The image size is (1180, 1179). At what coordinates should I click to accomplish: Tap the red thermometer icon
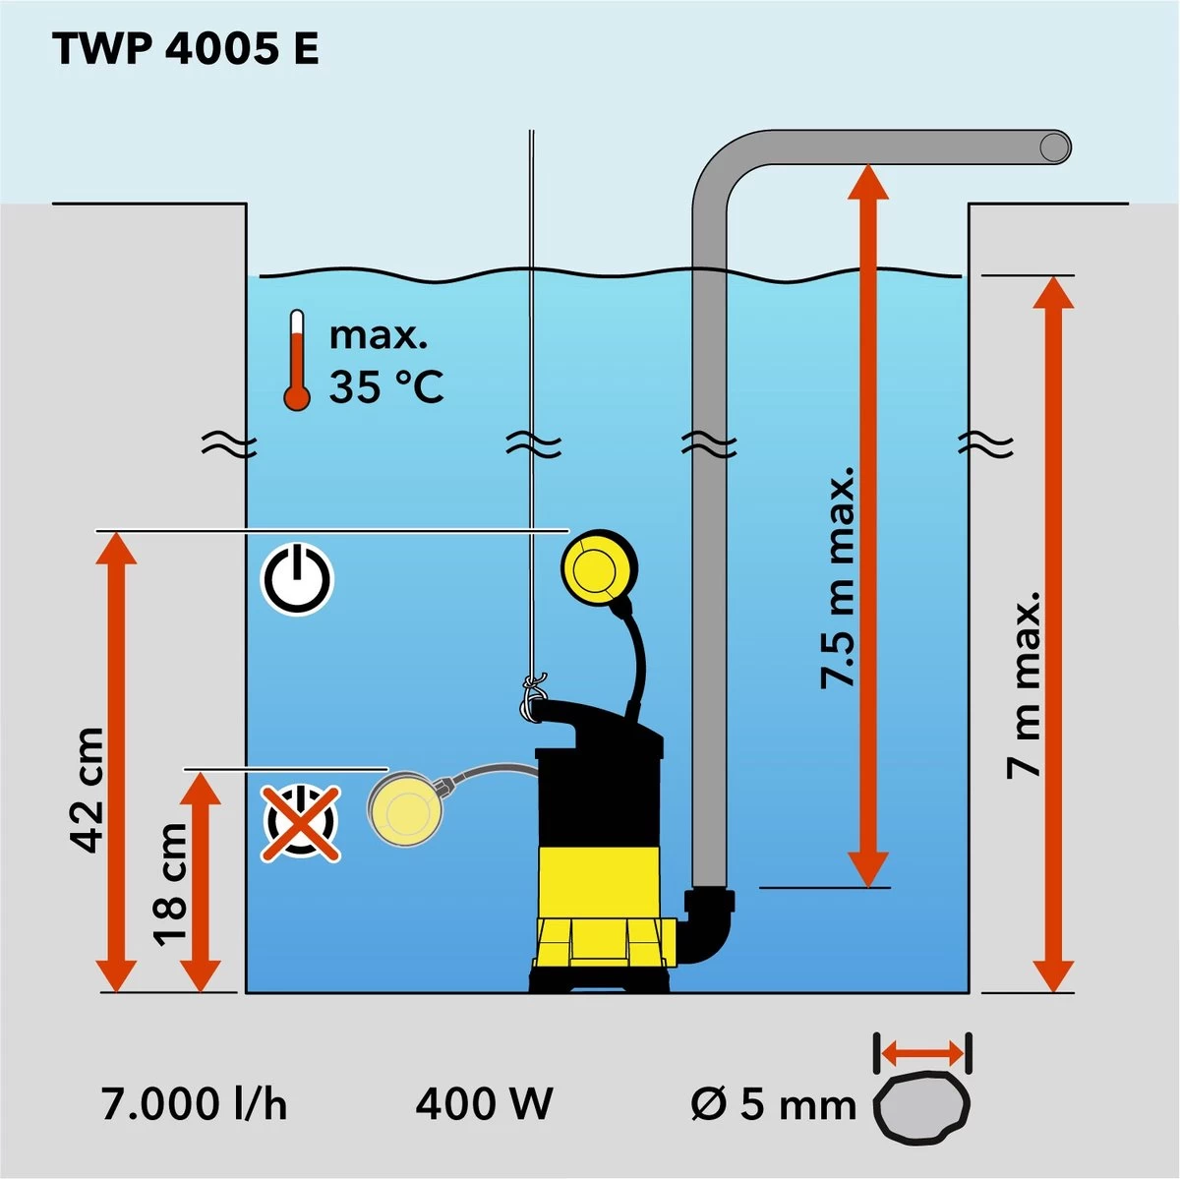296,360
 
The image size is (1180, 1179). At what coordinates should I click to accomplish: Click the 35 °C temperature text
386,386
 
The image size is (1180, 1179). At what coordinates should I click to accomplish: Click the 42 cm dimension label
87,790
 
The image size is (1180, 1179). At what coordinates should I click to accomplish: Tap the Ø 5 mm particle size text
773,1105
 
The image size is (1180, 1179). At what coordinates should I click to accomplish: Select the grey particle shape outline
922,1106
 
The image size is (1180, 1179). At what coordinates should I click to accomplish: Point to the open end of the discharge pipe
1054,147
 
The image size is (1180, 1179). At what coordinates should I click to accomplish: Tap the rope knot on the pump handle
532,697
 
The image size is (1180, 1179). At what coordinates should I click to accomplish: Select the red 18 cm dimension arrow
204,881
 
